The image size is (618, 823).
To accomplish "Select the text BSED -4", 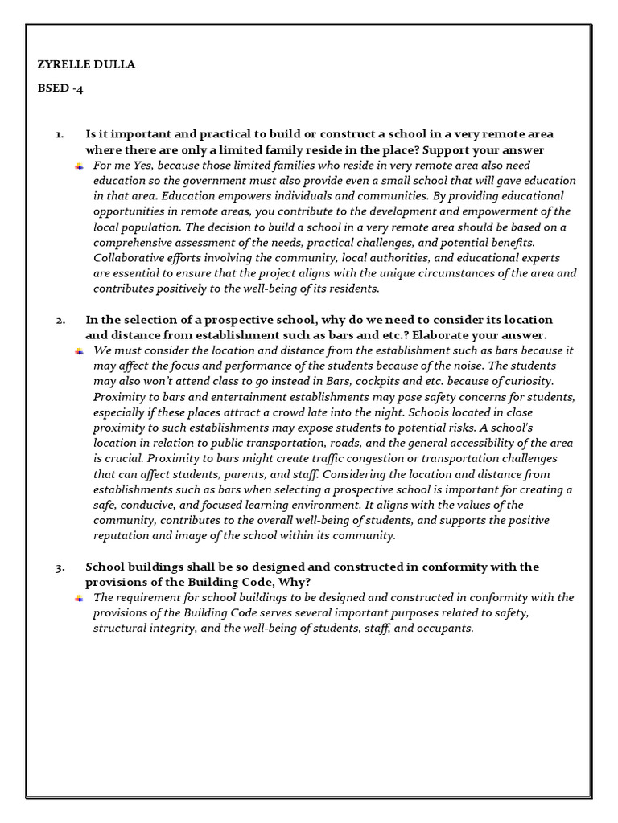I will [61, 89].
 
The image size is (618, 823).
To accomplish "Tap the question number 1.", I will [59, 134].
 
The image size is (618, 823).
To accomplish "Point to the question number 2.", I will [60, 320].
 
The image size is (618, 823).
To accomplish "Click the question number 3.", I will [60, 567].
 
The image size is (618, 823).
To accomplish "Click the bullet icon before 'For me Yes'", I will [79, 166].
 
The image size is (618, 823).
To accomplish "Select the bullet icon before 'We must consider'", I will [79, 351].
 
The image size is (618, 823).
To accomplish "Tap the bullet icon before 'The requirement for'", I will [79, 598].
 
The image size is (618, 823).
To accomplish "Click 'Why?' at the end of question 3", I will [296, 582].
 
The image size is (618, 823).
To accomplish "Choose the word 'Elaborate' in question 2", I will [447, 335].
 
